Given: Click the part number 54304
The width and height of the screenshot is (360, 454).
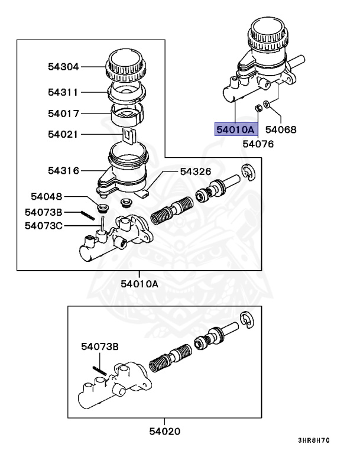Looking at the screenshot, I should click(x=63, y=67).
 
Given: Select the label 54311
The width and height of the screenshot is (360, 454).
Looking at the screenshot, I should click(x=63, y=92).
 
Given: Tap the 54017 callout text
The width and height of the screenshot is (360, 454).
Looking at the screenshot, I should click(x=63, y=113).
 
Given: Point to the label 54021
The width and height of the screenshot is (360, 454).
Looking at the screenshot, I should click(x=63, y=134).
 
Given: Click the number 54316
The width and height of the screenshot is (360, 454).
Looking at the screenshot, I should click(x=63, y=170).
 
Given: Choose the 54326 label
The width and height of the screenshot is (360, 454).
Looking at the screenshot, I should click(x=195, y=171).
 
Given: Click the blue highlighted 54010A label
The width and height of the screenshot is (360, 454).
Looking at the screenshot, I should click(x=235, y=129).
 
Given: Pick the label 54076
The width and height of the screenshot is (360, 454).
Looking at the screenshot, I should click(x=258, y=143).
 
